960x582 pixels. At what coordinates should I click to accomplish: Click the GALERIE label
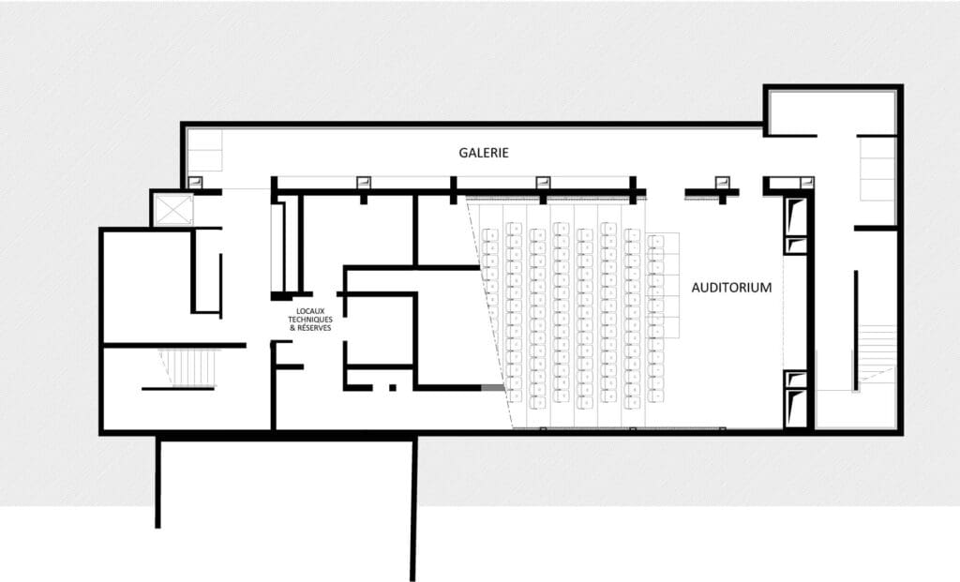click(x=483, y=153)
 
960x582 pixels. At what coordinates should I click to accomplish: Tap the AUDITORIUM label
click(x=731, y=289)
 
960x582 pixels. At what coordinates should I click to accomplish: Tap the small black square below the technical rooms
click(x=394, y=387)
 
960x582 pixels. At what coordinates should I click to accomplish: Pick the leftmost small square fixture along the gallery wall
click(x=197, y=182)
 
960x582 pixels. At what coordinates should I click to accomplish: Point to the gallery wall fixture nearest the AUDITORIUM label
click(x=722, y=183)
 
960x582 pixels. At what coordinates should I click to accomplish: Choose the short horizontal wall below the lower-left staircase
click(x=179, y=388)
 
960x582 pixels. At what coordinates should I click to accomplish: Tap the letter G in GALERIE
click(x=463, y=153)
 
